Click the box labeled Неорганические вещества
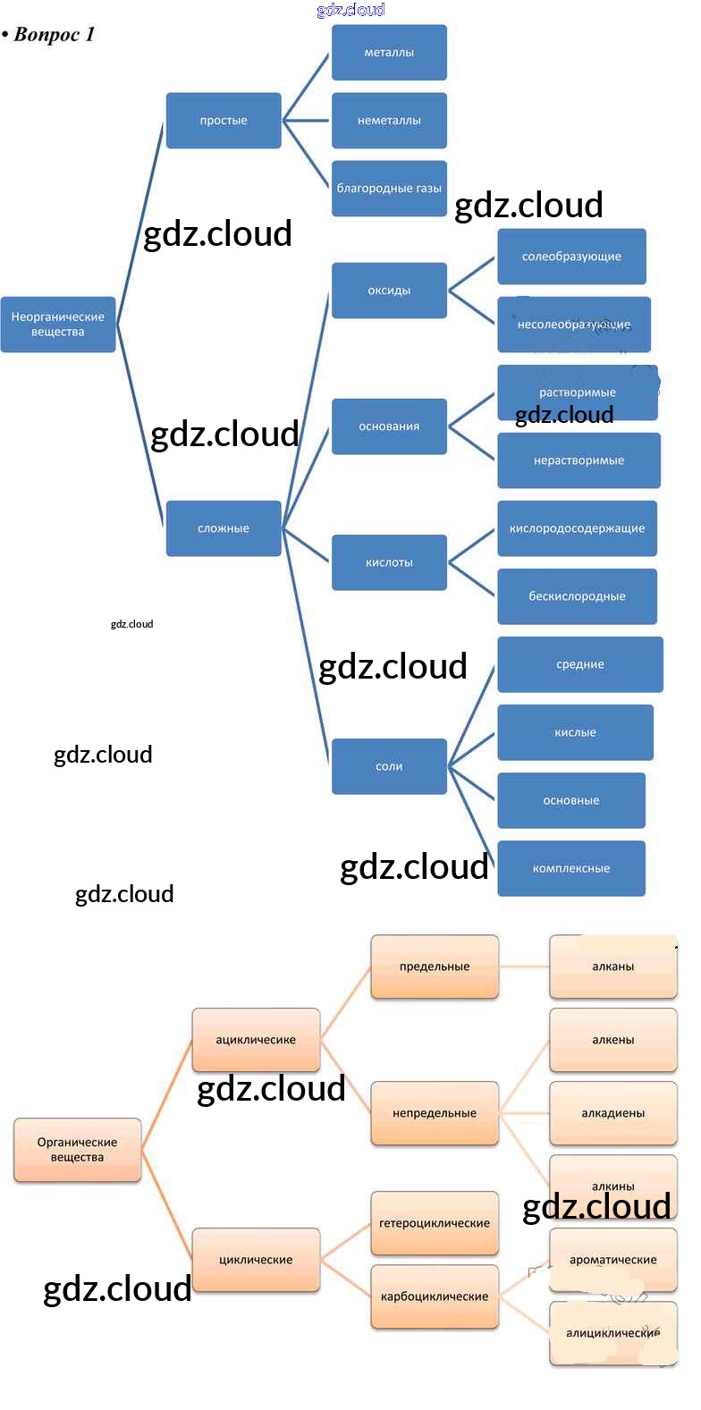pos(58,324)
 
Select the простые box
pos(224,121)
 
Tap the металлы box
pos(389,53)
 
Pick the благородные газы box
pos(389,189)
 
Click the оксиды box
pos(389,291)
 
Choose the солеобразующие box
pos(571,257)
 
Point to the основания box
pos(389,426)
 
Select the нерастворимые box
pos(579,460)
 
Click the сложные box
pos(224,528)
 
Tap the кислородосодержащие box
pos(577,528)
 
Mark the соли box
pos(389,766)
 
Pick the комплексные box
pos(571,868)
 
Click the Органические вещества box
pos(77,1150)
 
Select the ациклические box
pos(256,1040)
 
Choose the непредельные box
pos(435,1113)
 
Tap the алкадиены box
pos(612,1113)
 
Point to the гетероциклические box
pos(435,1223)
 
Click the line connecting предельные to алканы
pos(524,967)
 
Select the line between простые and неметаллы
pos(307,121)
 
